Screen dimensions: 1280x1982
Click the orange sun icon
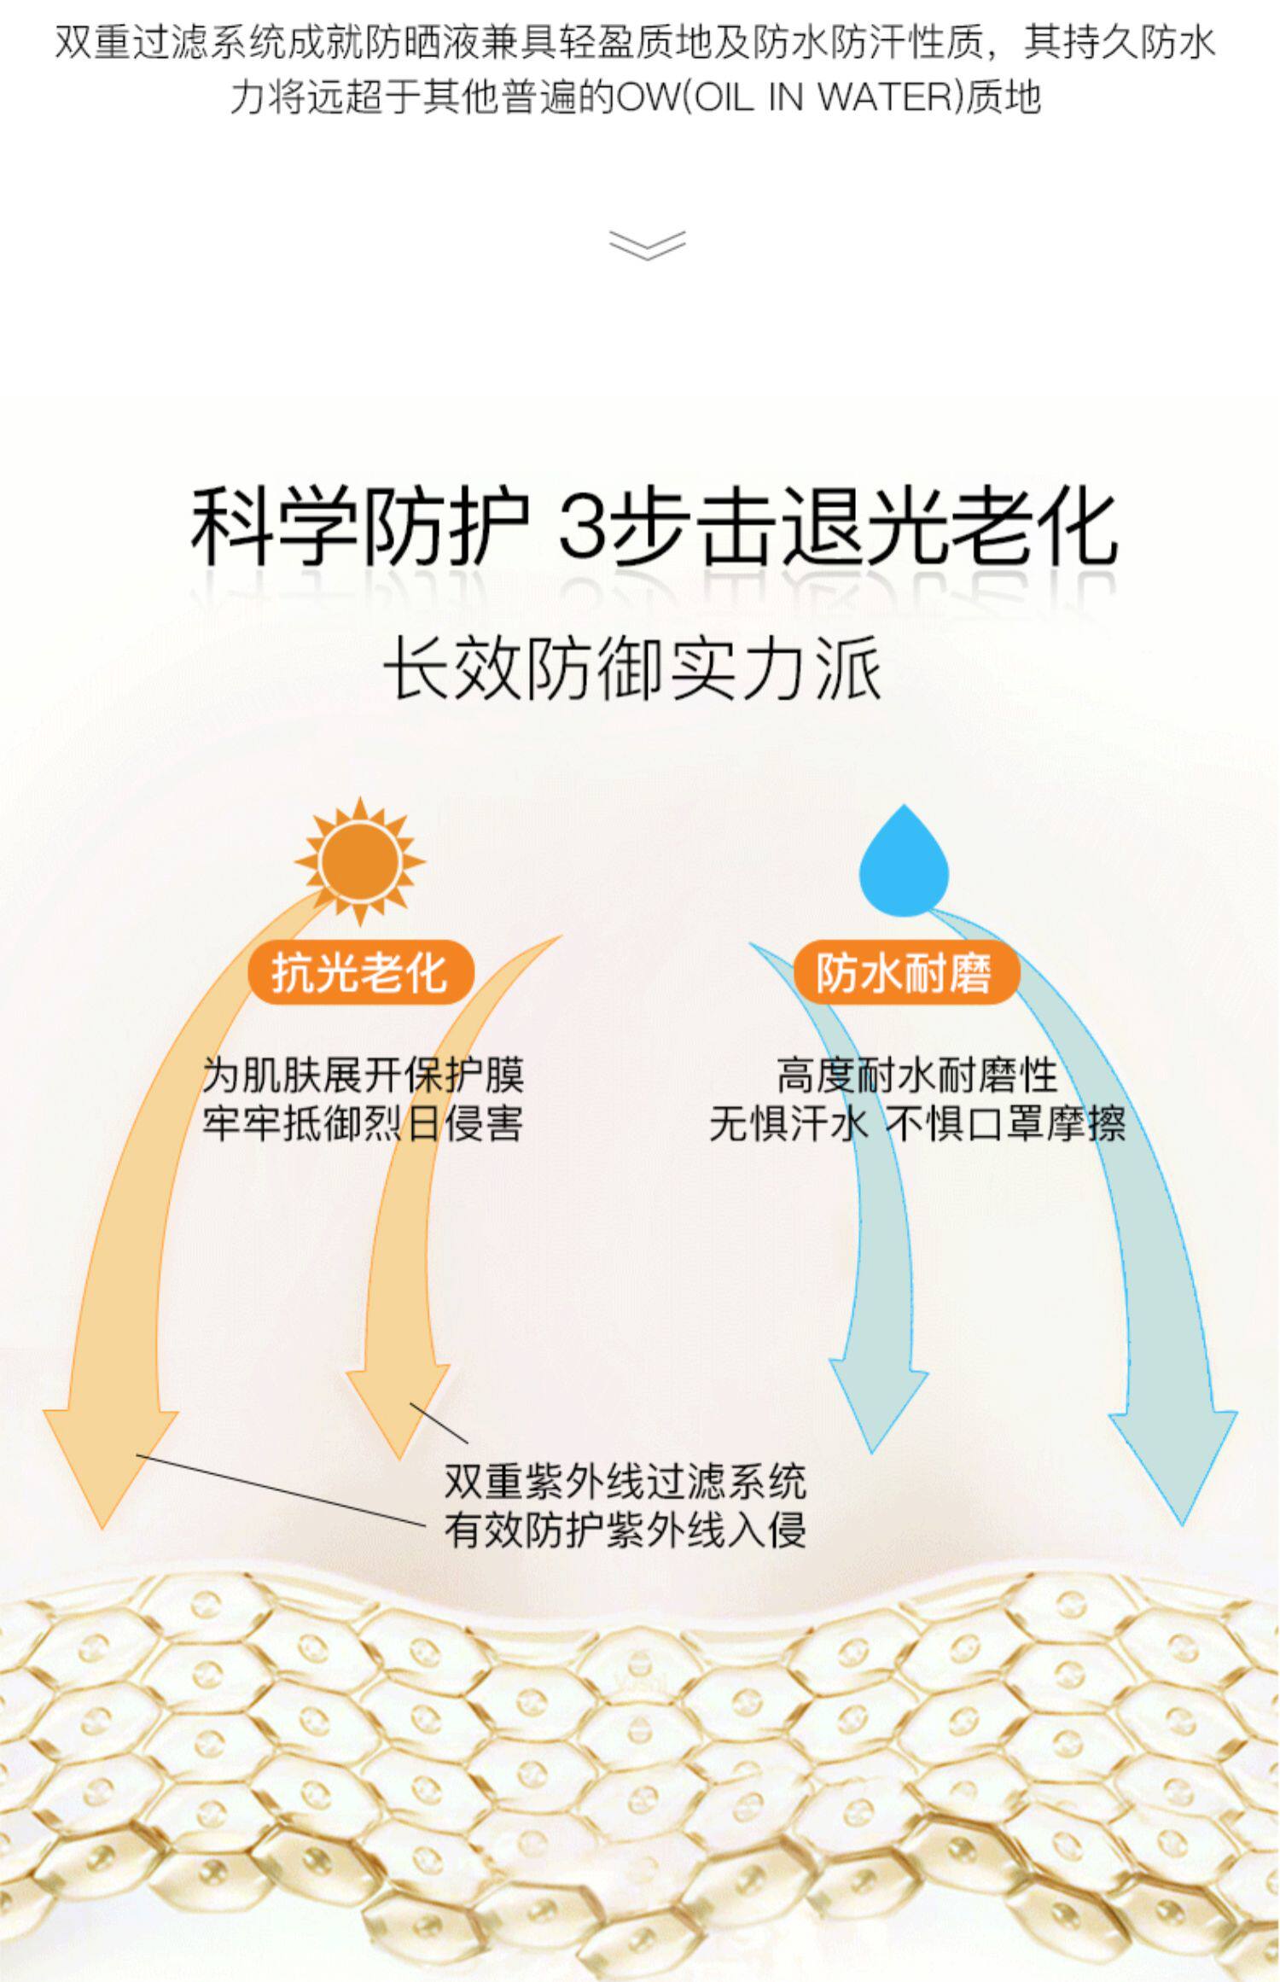(x=359, y=860)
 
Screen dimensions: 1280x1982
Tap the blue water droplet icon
(x=904, y=862)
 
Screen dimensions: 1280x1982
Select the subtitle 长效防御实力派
(x=632, y=670)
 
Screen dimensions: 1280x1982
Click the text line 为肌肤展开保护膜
(x=363, y=1075)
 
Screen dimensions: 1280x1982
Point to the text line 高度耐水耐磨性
(x=917, y=1075)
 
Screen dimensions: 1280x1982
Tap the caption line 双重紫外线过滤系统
(x=625, y=1481)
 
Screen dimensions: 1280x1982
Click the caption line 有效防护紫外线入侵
(x=625, y=1530)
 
